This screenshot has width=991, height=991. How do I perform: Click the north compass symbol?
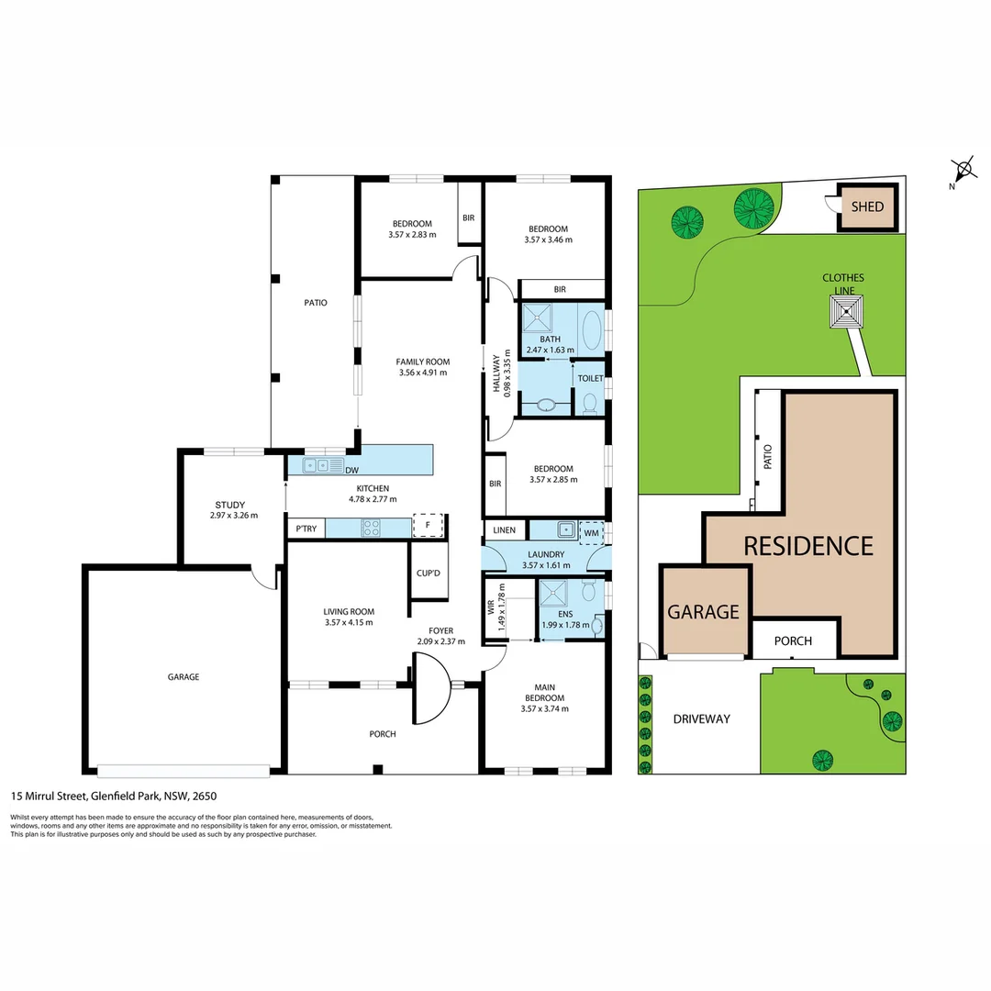point(963,170)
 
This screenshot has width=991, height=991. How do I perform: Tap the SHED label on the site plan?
point(867,206)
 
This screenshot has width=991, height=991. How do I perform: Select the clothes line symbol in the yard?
point(845,312)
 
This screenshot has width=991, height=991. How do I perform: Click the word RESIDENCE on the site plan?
point(807,546)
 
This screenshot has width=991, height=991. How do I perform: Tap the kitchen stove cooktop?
point(372,527)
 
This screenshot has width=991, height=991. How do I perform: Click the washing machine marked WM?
point(592,530)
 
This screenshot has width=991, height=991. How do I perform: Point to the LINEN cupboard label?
point(505,530)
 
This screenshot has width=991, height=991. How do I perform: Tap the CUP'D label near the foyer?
point(428,573)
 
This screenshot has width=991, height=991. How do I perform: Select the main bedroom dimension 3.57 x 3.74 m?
point(544,708)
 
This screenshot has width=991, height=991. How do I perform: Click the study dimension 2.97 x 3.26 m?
point(233,515)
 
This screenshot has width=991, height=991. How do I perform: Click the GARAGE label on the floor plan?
point(184,677)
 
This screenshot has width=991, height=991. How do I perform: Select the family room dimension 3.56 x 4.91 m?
point(422,373)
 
